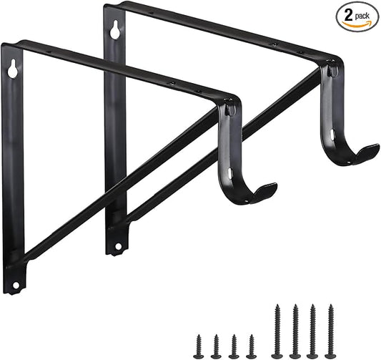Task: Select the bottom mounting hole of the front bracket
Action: [14, 286]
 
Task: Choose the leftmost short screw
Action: [198, 345]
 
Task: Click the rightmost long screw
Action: [330, 331]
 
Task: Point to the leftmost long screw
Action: [277, 331]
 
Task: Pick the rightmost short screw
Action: [251, 345]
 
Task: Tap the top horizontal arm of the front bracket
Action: [122, 72]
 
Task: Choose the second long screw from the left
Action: [295, 331]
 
